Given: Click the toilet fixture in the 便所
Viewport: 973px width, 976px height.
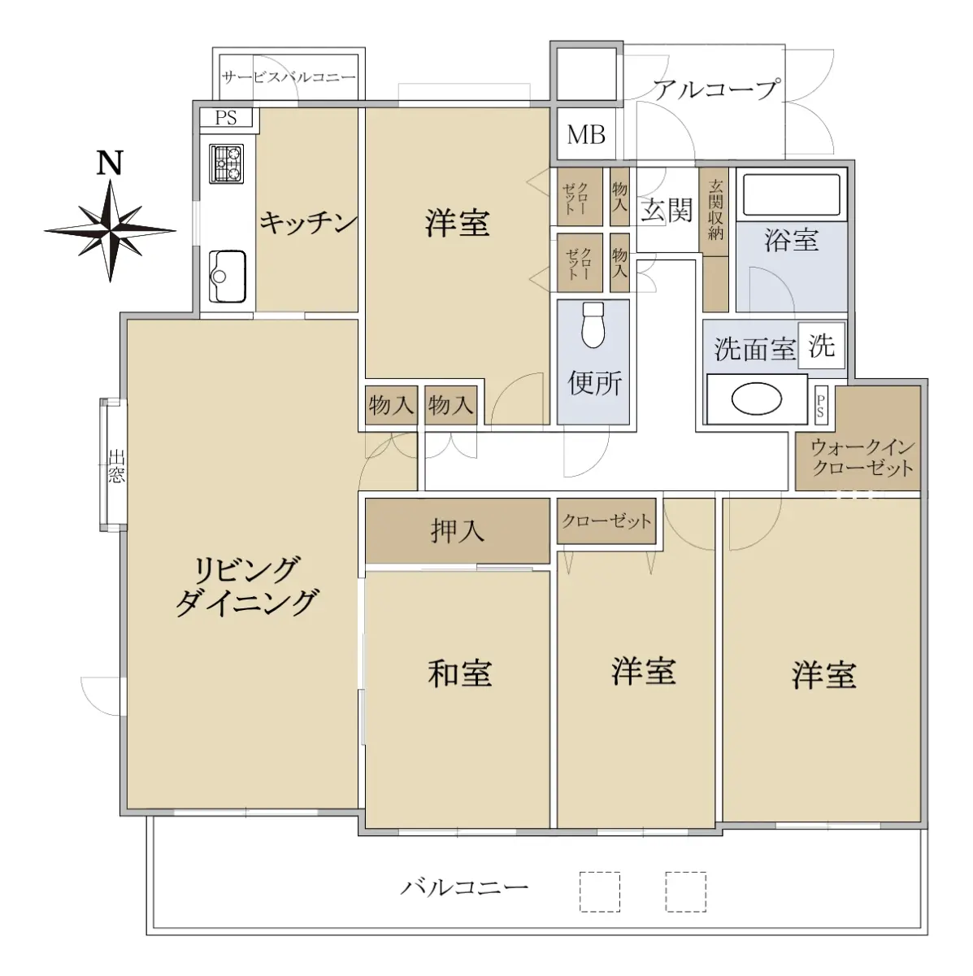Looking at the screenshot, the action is (x=593, y=325).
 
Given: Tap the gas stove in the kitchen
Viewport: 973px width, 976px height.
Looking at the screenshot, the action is (x=226, y=163).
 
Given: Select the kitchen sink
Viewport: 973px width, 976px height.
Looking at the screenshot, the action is (x=228, y=277).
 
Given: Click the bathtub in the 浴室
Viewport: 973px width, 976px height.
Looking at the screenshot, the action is (x=791, y=194).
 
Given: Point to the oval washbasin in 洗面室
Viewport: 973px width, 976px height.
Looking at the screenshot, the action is (x=756, y=399).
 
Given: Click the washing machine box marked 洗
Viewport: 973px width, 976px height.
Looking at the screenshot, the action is (x=821, y=346).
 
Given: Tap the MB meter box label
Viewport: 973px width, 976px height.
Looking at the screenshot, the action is (x=586, y=135).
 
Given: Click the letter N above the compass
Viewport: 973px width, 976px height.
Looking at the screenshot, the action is (x=111, y=163).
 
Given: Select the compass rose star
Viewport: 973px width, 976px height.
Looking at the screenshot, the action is (x=111, y=230).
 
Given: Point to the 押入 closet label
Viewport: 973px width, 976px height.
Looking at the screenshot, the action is (x=457, y=531).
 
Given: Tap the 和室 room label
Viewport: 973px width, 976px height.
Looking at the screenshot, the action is (x=459, y=673).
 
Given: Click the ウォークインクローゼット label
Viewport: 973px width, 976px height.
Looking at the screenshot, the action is (x=862, y=457).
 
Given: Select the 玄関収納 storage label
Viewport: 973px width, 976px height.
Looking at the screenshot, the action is (x=715, y=210).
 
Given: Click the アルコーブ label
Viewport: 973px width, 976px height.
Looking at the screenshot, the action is (x=716, y=89).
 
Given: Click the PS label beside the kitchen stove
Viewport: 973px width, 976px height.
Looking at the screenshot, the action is (x=226, y=117).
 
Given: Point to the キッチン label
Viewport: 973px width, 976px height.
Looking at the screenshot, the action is (x=309, y=222).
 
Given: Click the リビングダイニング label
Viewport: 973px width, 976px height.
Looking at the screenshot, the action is (x=246, y=586).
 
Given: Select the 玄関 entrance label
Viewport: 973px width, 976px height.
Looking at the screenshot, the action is (x=667, y=210).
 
